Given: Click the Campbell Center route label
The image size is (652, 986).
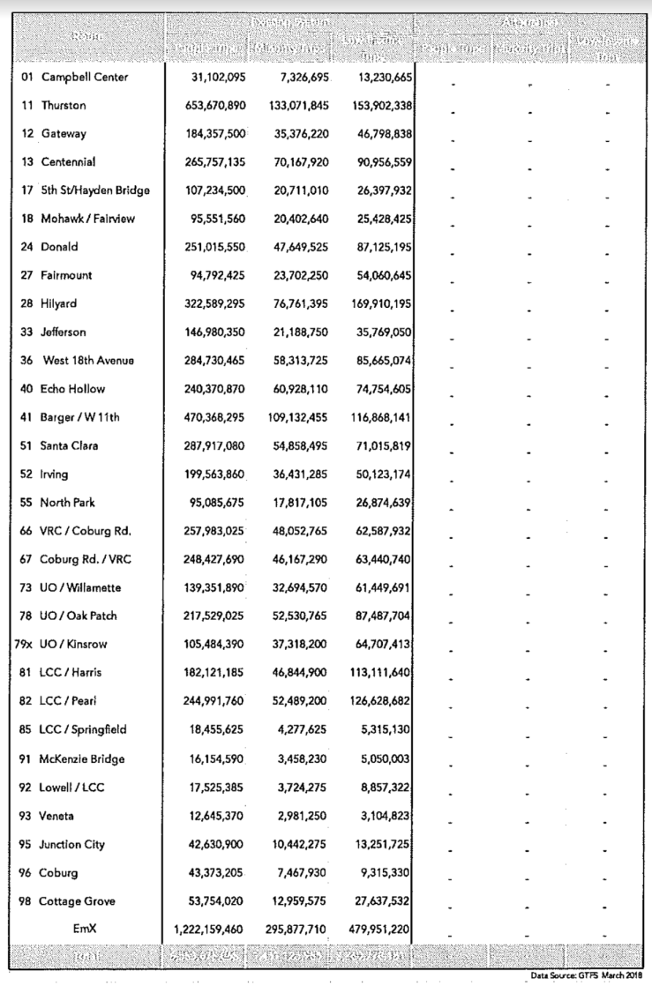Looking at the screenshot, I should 85,78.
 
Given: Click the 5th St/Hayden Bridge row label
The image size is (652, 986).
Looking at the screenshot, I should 94,190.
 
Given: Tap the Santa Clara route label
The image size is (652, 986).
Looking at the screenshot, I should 70,445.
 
